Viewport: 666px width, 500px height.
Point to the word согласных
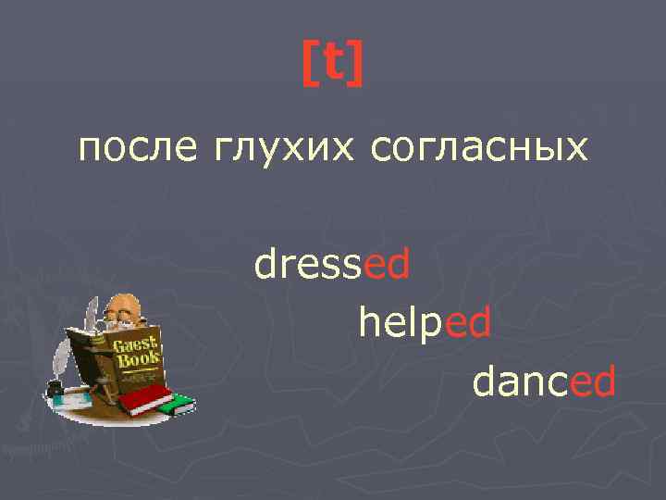pyautogui.click(x=478, y=148)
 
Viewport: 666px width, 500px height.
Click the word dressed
pyautogui.click(x=332, y=265)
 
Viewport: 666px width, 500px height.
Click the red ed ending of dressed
pyautogui.click(x=388, y=265)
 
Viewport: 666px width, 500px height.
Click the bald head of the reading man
pyautogui.click(x=122, y=306)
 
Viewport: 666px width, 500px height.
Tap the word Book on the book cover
pyautogui.click(x=139, y=359)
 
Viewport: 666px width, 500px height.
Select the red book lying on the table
pyautogui.click(x=147, y=399)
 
